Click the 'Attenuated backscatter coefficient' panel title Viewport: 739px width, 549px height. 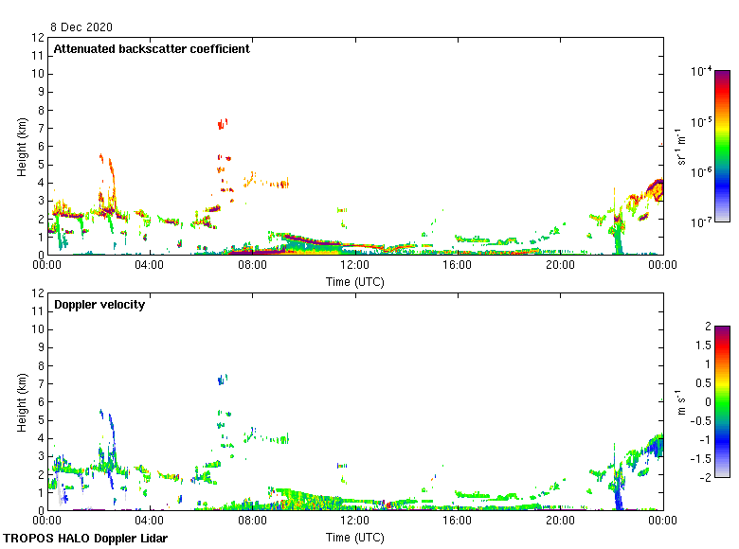[152, 49]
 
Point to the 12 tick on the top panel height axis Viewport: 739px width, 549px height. [38, 38]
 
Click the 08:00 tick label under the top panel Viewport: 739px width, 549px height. [253, 266]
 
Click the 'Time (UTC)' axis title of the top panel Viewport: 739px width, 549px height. [355, 281]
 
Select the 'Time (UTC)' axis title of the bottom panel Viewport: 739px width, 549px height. [355, 537]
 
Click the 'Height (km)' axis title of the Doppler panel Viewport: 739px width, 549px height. [22, 402]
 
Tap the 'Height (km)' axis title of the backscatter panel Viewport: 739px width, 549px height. [22, 147]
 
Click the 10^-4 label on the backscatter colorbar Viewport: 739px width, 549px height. [701, 72]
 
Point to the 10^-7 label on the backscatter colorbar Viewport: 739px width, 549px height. [701, 223]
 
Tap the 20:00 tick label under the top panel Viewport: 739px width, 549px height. [560, 266]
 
